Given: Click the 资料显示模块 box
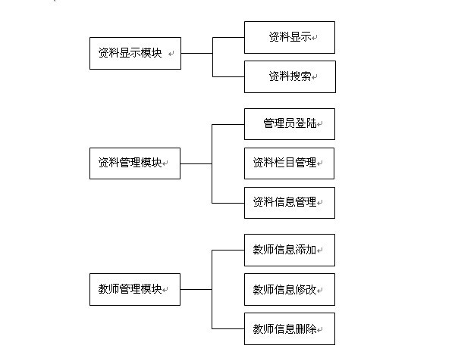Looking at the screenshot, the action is (135, 53).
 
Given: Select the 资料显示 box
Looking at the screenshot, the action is (290, 37).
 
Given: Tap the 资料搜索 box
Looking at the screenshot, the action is (290, 76).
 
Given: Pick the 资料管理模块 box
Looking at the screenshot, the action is (135, 163).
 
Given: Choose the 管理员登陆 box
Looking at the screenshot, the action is (290, 124).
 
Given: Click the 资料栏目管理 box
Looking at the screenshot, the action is (290, 163).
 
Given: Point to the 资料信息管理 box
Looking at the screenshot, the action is (290, 203).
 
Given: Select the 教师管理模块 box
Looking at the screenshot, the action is (135, 289).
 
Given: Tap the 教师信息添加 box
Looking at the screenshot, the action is (290, 250).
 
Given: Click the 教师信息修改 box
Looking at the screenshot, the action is (290, 289).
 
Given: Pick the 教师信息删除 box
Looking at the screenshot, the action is (290, 329).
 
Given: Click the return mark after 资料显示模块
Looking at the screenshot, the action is (171, 54).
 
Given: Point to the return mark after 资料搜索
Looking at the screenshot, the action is (314, 77).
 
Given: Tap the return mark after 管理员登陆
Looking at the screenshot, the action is (319, 124).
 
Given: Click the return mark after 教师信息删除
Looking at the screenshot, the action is (319, 330).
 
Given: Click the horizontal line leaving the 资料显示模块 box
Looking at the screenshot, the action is (196, 53).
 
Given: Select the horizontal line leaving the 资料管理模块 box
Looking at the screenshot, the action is (196, 164).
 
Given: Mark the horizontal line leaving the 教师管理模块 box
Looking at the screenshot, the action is (196, 289).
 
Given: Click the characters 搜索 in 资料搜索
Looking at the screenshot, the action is (300, 76).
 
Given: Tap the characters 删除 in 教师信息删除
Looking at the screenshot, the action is (306, 329).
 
